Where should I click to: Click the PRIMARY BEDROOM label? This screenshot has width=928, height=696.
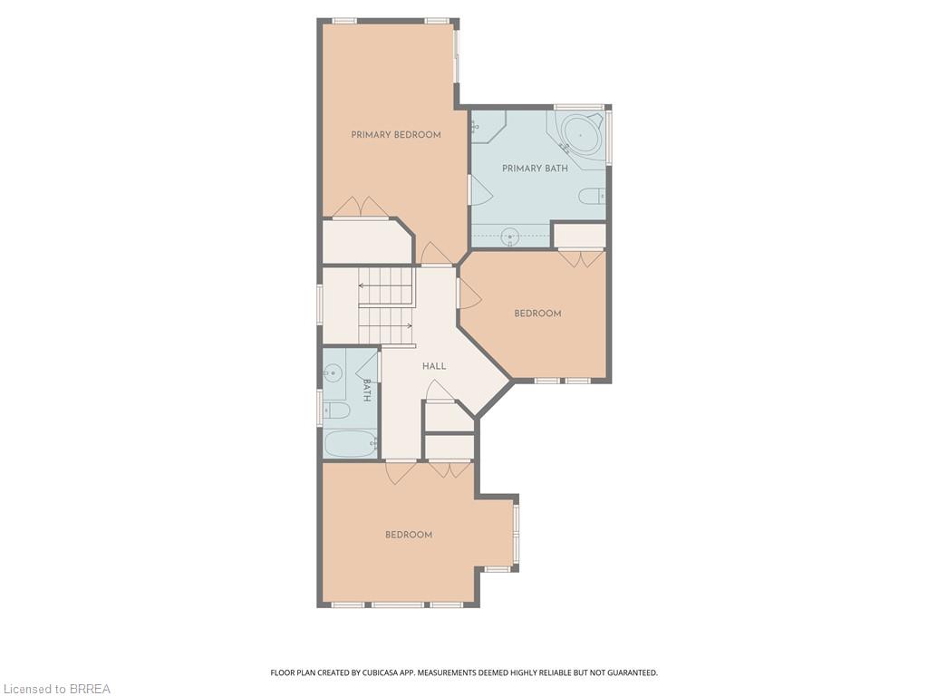click(x=396, y=135)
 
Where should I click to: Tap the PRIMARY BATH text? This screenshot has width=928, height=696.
click(x=535, y=169)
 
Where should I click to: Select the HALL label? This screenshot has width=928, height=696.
click(x=434, y=366)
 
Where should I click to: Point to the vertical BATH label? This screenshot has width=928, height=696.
click(x=367, y=391)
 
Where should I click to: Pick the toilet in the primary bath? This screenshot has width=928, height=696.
click(x=592, y=196)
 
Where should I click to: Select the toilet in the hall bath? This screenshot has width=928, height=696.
click(x=337, y=411)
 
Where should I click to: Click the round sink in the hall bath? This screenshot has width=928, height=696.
click(x=333, y=371)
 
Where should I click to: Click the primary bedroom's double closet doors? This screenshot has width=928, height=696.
click(x=361, y=208)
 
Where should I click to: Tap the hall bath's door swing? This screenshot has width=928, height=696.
click(x=368, y=366)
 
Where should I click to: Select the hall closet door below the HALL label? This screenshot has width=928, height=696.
click(x=440, y=391)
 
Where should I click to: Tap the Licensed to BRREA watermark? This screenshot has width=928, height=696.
click(x=55, y=689)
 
